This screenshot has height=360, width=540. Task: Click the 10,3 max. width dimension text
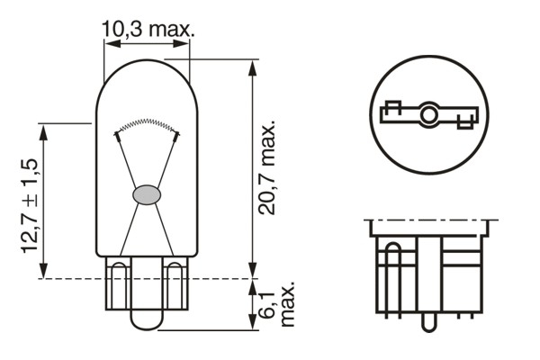148,29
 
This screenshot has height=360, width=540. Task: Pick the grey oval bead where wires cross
147,193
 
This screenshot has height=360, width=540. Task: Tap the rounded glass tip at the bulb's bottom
147,318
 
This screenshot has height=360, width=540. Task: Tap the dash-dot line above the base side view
429,220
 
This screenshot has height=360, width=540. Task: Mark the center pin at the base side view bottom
429,319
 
